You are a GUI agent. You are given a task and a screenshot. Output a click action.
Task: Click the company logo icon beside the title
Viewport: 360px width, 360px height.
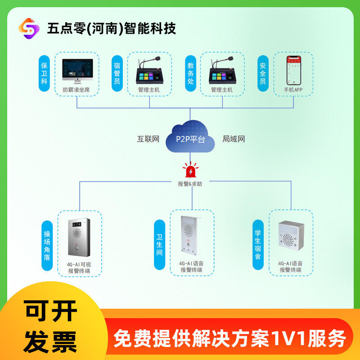coord(29,28)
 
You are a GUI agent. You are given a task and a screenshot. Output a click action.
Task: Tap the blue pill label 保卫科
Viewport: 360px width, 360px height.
coord(44,73)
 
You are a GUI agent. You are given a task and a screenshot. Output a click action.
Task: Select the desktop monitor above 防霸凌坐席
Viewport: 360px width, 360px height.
coord(77,71)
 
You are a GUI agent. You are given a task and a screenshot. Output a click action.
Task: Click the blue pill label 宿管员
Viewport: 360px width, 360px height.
coord(117,73)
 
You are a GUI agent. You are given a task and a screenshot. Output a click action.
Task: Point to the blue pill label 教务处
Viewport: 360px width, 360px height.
coord(190,73)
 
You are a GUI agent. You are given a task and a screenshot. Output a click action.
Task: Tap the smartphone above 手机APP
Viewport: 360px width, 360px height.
coord(294,71)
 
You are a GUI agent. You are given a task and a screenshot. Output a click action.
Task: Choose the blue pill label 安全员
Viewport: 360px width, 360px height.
coord(263,73)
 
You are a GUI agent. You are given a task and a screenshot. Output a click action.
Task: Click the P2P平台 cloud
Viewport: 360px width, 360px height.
coord(190,136)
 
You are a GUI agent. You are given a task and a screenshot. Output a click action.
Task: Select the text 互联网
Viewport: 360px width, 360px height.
coord(148,139)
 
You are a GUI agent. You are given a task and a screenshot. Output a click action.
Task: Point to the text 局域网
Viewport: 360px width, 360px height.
coord(234,139)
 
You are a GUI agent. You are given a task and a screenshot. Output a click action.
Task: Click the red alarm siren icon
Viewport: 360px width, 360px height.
coord(190,170)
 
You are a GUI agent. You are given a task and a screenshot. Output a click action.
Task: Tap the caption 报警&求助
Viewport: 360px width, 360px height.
coord(190,184)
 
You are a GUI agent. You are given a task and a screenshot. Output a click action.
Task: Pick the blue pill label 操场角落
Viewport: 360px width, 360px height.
coord(47,246)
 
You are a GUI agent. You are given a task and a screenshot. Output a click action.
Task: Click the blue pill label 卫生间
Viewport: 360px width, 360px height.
coord(160,245)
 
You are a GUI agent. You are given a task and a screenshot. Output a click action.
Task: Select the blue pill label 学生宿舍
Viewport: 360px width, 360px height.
coord(258,245)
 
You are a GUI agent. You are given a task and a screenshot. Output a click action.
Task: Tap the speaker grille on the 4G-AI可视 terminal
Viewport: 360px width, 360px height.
coord(77,234)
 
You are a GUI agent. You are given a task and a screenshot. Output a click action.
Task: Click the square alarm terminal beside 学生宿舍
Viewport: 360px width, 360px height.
coord(291,235)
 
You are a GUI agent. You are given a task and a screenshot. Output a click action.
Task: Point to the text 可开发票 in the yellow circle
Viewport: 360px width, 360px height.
coord(50,327)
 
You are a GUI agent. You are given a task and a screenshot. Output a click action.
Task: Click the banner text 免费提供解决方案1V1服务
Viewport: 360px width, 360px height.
coord(229,338)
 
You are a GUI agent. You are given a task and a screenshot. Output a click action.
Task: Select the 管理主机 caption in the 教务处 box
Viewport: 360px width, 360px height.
coord(222,90)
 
